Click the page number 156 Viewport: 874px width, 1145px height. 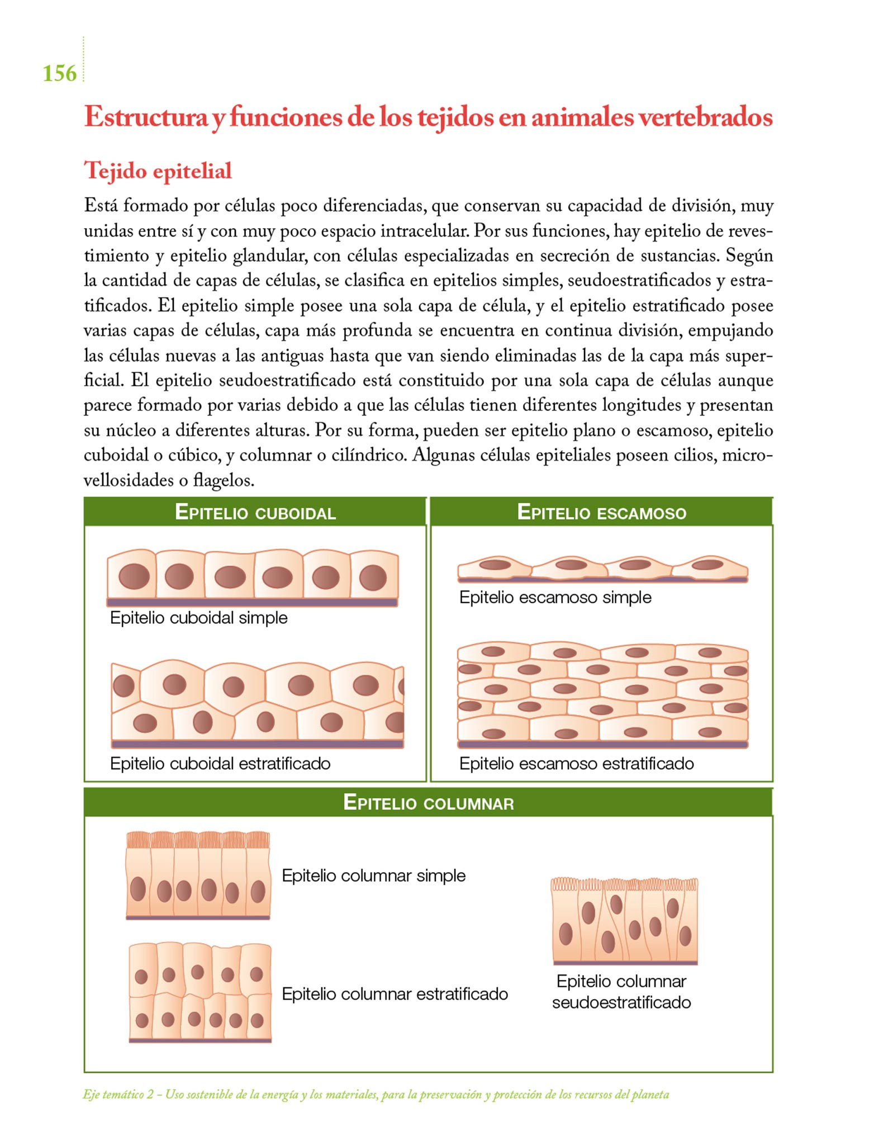point(60,73)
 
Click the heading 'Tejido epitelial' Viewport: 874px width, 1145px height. point(158,171)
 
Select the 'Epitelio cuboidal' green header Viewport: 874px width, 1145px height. point(255,512)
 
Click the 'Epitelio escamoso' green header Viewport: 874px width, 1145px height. point(601,512)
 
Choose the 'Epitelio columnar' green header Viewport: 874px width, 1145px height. point(428,802)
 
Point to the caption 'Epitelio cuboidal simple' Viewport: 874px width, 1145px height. point(198,618)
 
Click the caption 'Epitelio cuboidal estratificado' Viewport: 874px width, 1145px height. point(220,763)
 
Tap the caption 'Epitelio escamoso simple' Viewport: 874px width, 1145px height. point(555,597)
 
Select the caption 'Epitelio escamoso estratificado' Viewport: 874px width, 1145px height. point(576,763)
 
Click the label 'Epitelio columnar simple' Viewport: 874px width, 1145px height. point(373,875)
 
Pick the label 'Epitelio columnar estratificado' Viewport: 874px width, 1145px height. point(395,993)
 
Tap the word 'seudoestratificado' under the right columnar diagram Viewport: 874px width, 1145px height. point(621,1002)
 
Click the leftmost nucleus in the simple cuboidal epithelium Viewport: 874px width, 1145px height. point(134,576)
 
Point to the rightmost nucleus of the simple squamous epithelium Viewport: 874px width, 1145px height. point(707,565)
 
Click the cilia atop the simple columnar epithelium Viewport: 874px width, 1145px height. point(198,839)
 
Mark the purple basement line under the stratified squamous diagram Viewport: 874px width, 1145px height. point(602,745)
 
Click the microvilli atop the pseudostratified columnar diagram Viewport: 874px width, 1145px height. point(624,884)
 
